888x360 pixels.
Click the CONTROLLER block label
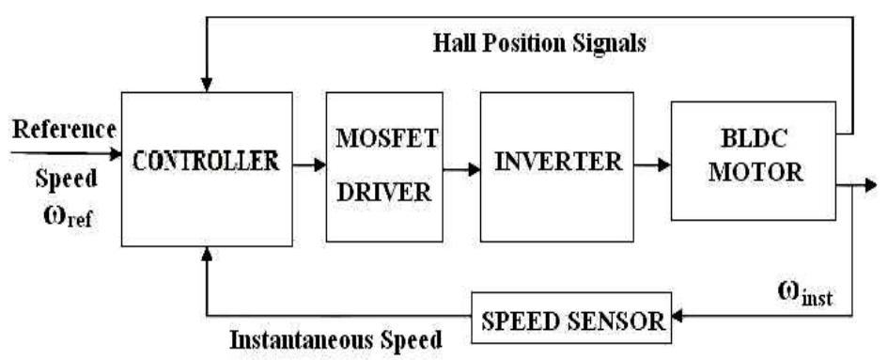pos(206,161)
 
